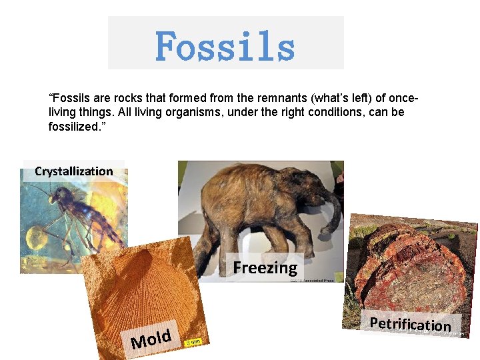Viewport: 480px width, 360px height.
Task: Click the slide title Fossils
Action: [225, 45]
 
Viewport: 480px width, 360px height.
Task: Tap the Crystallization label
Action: [74, 171]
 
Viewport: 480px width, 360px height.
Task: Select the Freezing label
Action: [265, 268]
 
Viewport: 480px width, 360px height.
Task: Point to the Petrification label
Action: [410, 324]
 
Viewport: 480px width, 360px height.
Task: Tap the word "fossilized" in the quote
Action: [76, 126]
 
